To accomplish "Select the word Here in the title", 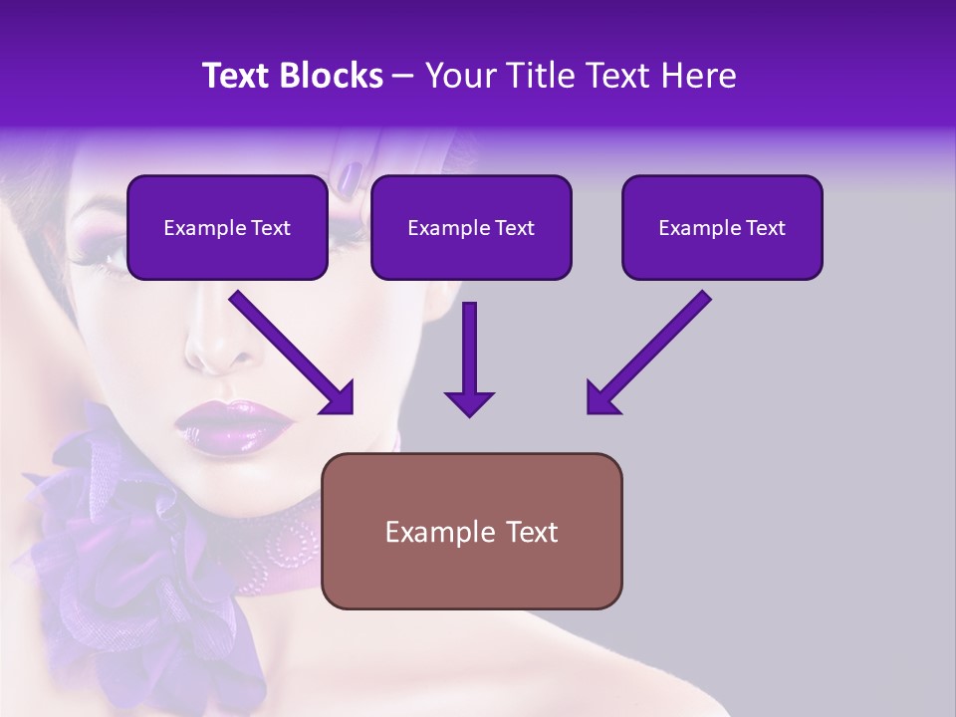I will coord(694,76).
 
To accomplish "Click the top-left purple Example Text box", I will coord(227,228).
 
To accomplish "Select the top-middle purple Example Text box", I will coord(471,228).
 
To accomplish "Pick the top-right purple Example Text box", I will coord(722,228).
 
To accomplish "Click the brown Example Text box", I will coord(471,531).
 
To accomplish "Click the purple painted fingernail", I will coord(349,178).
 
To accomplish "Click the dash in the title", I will coord(403,76).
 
